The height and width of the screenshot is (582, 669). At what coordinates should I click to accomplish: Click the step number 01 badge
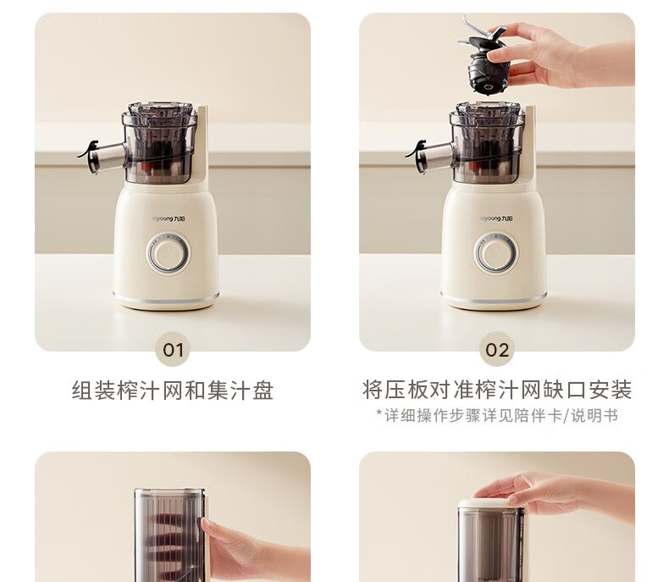[x=173, y=350]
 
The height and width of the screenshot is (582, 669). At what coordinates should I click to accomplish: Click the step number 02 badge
[x=497, y=350]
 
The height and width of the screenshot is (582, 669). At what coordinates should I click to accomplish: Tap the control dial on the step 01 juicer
[x=169, y=253]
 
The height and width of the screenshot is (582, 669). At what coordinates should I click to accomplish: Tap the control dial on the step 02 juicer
[x=496, y=253]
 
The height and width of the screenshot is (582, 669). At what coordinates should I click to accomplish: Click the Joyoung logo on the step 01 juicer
[x=170, y=219]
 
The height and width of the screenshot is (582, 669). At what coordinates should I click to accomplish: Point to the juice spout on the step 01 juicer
[x=102, y=156]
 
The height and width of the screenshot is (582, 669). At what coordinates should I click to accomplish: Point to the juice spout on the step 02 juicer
[x=429, y=156]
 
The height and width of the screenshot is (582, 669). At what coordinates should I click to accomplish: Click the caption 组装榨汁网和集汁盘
[x=173, y=391]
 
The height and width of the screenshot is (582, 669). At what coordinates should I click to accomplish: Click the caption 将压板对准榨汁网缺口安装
[x=497, y=390]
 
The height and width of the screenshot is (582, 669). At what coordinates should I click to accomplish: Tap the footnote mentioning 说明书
[x=497, y=415]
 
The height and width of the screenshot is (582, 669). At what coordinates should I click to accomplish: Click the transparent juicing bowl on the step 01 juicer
[x=159, y=142]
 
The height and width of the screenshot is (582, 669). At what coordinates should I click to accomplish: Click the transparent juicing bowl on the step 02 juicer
[x=487, y=142]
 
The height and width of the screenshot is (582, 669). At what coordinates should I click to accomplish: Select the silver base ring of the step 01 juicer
[x=166, y=298]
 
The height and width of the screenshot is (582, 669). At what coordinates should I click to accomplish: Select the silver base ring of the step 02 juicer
[x=494, y=298]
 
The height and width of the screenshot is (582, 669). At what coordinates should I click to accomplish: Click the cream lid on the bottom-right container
[x=490, y=503]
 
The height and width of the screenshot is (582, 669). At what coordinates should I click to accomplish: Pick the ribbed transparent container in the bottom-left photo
[x=170, y=535]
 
